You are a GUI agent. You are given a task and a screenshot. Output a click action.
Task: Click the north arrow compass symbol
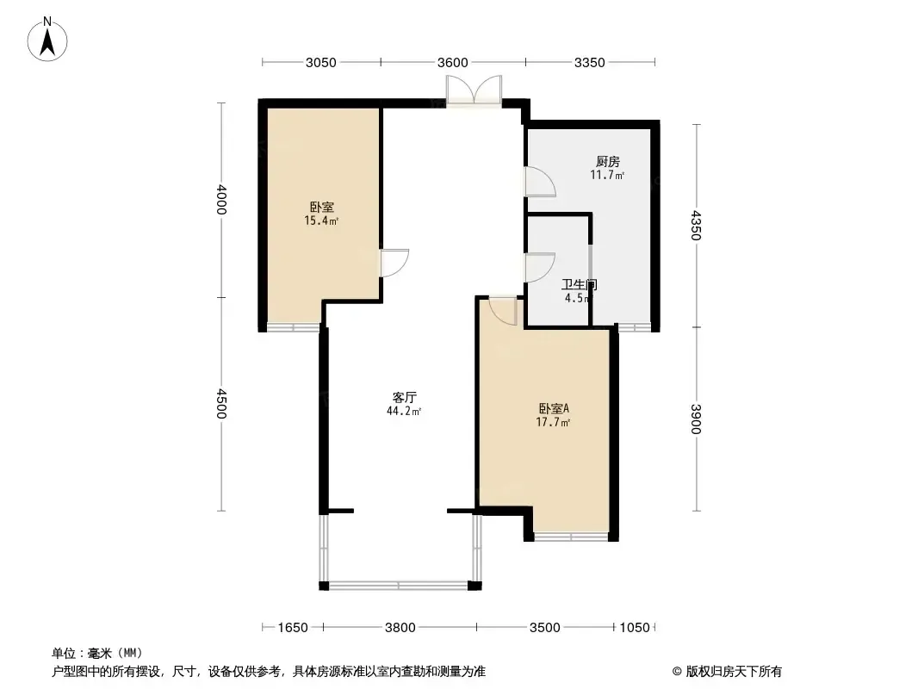pyautogui.click(x=47, y=40)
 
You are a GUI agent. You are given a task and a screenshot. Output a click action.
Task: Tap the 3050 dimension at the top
pyautogui.click(x=321, y=63)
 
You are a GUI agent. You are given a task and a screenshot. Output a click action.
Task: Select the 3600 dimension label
pyautogui.click(x=453, y=63)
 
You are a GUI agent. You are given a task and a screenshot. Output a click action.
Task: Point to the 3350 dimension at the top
pyautogui.click(x=589, y=63)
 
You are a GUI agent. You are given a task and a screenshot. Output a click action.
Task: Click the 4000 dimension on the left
pyautogui.click(x=220, y=200)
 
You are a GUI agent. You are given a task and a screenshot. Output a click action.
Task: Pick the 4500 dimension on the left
pyautogui.click(x=220, y=403)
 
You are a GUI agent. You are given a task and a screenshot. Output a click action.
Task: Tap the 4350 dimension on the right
pyautogui.click(x=696, y=226)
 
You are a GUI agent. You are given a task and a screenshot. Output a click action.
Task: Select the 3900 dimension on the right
pyautogui.click(x=696, y=419)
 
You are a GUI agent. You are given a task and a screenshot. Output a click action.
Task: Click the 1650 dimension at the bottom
pyautogui.click(x=293, y=628)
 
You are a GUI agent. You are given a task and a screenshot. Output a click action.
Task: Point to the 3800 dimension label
pyautogui.click(x=400, y=628)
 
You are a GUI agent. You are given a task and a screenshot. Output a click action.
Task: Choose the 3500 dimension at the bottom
pyautogui.click(x=544, y=628)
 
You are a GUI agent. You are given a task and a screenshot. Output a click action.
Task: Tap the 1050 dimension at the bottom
pyautogui.click(x=635, y=628)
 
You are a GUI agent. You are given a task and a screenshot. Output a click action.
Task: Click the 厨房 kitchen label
pyautogui.click(x=608, y=162)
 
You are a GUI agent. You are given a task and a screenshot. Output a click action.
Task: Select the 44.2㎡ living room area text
pyautogui.click(x=404, y=412)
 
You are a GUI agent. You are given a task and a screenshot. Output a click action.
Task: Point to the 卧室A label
pyautogui.click(x=553, y=408)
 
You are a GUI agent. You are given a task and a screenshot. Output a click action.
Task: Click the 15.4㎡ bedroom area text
pyautogui.click(x=321, y=220)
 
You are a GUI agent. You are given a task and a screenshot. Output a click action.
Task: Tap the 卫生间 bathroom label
pyautogui.click(x=579, y=285)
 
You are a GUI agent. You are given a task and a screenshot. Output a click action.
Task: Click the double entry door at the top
pyautogui.click(x=474, y=90)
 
